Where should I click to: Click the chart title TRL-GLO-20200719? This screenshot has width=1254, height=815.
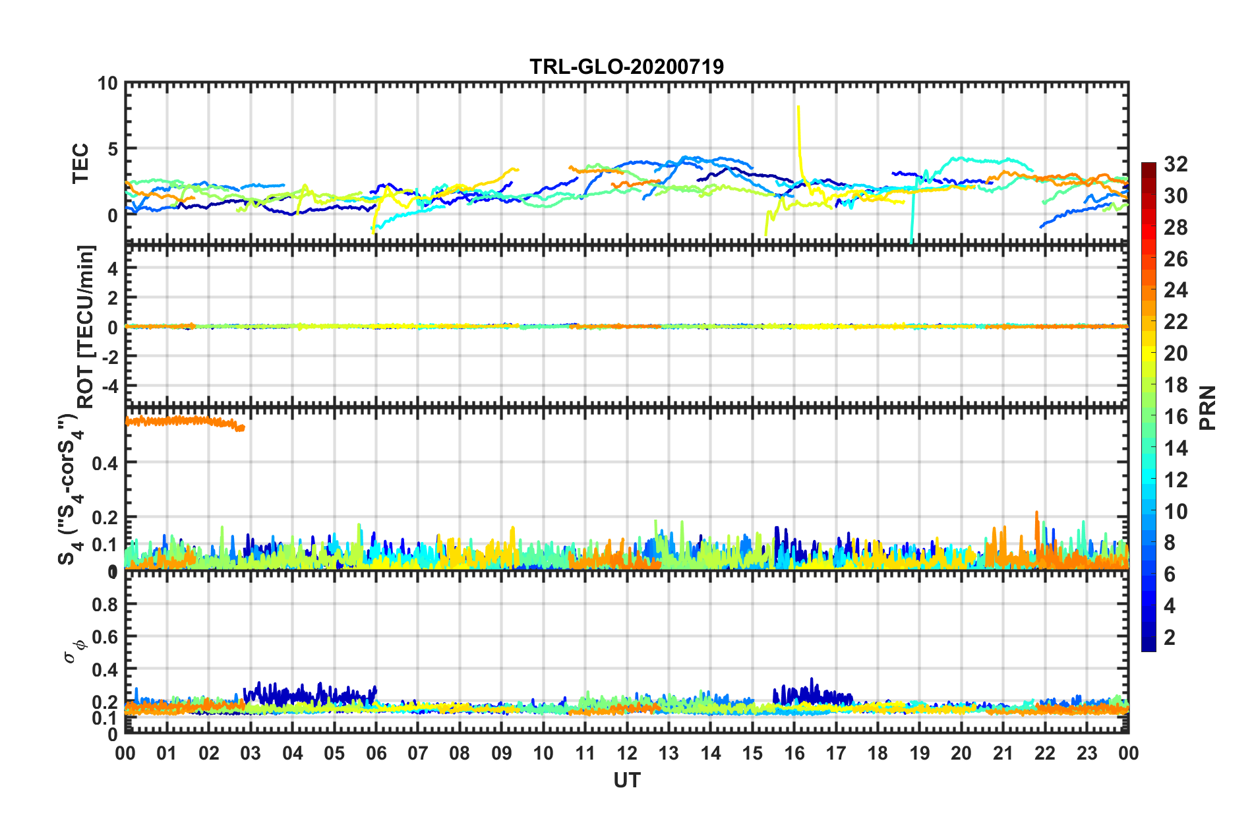(626, 67)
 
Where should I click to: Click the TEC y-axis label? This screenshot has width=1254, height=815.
(80, 164)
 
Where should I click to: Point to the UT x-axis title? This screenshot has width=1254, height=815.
(626, 781)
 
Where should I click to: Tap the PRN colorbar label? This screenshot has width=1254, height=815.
(1208, 408)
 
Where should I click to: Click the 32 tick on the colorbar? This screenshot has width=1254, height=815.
(1175, 164)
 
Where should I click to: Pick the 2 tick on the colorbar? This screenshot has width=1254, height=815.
(1170, 637)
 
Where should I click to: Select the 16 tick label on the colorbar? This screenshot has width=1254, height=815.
(1175, 417)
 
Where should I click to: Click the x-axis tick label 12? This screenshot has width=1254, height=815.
(627, 753)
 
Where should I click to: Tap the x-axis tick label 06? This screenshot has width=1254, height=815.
(376, 753)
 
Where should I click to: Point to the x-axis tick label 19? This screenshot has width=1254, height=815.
(919, 753)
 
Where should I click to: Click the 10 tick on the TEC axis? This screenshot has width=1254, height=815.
(107, 84)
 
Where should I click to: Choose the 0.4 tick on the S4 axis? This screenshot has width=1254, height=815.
(105, 463)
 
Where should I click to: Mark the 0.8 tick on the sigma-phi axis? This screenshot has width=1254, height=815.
(105, 604)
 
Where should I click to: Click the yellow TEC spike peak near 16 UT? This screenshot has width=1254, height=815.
(798, 107)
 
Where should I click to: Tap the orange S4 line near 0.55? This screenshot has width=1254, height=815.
(185, 421)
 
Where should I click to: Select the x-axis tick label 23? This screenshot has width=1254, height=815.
(1087, 753)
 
